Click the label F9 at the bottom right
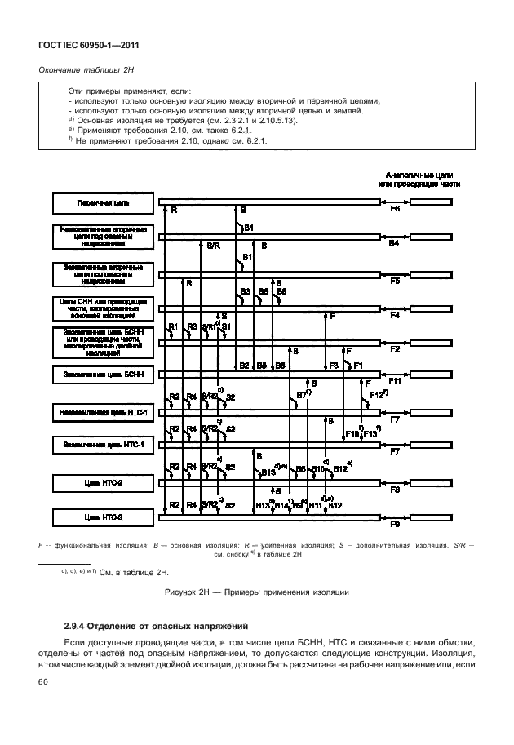[x=394, y=525]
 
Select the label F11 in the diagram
[x=394, y=381]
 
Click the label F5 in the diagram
[x=394, y=281]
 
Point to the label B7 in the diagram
[x=302, y=395]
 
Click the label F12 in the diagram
[x=376, y=395]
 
